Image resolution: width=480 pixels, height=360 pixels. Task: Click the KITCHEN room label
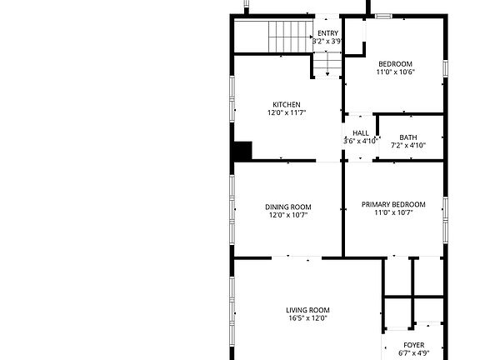pos(287,104)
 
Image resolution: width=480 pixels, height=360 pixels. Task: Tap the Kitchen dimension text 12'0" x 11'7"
pos(287,112)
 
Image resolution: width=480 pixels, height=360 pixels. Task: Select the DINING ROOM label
pos(288,207)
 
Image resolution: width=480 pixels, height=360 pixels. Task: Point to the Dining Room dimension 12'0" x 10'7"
pos(288,215)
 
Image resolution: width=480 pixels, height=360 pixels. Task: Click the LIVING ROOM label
pos(308,310)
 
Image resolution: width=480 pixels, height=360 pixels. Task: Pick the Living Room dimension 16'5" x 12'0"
pos(308,317)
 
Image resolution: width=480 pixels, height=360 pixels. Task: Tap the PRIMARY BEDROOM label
pos(393,204)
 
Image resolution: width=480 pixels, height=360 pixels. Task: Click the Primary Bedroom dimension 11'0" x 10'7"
pos(393,212)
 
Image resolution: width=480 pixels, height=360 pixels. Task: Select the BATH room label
pos(408,137)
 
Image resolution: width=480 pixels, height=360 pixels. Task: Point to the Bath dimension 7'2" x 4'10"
pos(408,146)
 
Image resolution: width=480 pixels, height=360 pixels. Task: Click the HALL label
pos(361,133)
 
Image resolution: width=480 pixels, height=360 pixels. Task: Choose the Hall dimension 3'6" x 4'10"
pos(361,141)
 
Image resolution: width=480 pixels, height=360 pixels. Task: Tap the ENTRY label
pos(327,33)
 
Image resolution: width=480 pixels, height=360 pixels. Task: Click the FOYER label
pos(414,345)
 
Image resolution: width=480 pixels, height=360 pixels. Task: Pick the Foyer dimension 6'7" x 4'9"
pos(414,353)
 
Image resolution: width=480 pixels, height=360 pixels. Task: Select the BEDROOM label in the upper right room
pos(395,64)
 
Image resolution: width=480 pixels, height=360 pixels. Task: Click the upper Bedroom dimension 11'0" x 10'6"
pos(395,72)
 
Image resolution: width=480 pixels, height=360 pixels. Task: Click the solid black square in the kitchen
pos(242,152)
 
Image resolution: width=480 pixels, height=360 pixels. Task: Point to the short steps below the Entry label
pos(327,64)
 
